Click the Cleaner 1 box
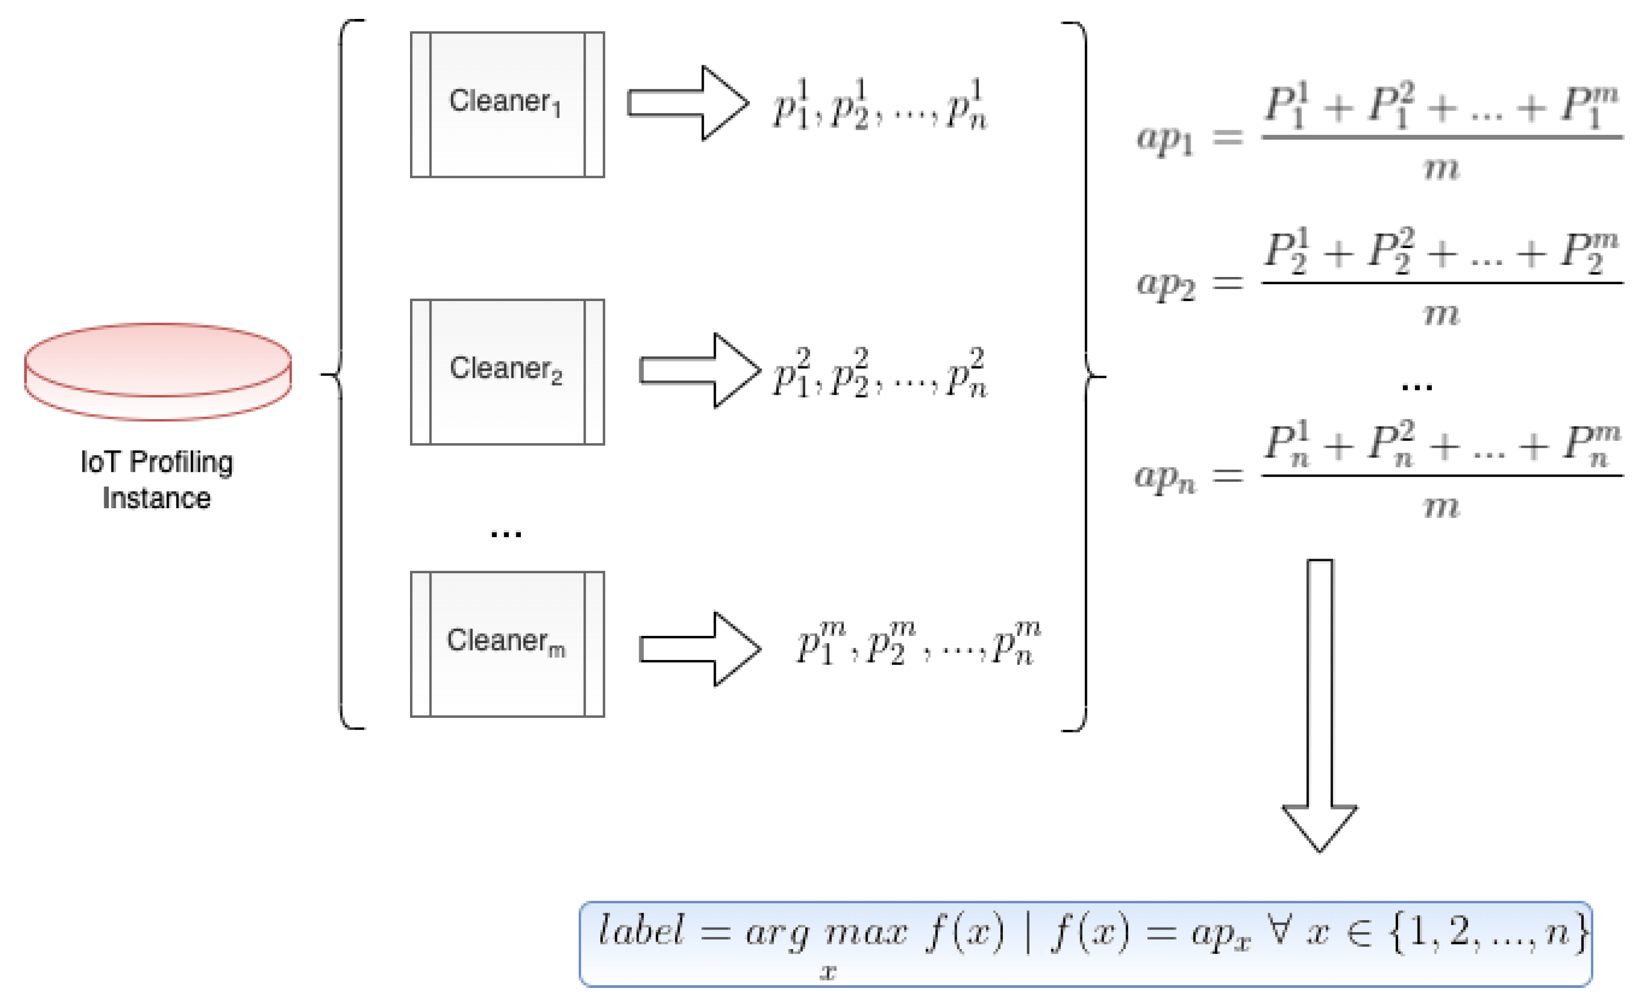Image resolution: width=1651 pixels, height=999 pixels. (x=507, y=105)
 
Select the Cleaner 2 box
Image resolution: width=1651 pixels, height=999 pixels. (x=507, y=372)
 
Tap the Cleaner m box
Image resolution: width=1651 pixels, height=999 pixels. (x=507, y=644)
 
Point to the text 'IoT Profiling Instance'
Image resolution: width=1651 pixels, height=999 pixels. (x=157, y=480)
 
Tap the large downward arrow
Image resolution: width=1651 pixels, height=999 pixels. (x=1319, y=704)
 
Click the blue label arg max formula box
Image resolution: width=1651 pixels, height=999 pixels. (x=1085, y=943)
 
